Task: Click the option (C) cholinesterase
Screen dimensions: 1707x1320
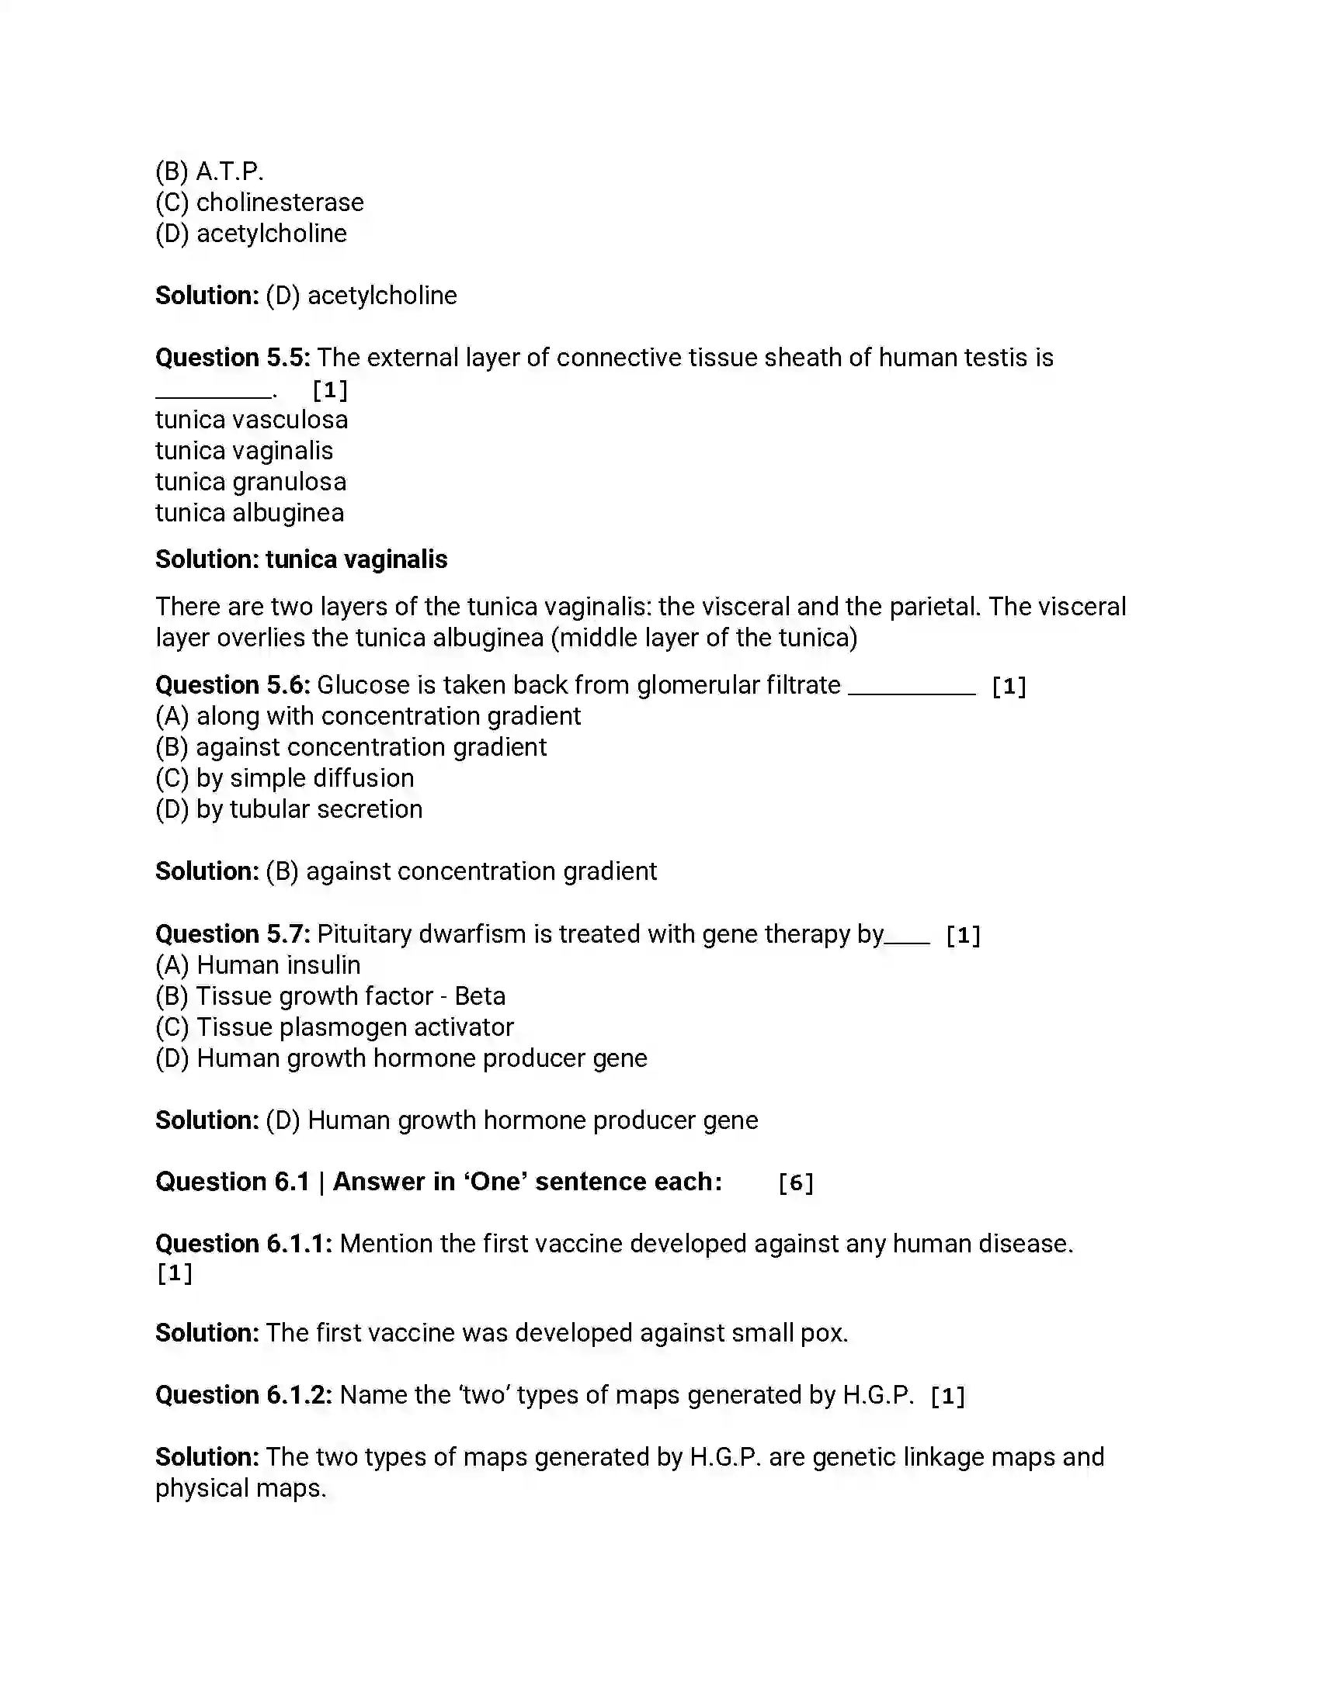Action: coord(259,203)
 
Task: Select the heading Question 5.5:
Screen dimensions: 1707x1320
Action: coord(232,358)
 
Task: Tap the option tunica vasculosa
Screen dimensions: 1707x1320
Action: coord(251,420)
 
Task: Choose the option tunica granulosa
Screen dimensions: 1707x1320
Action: coord(250,483)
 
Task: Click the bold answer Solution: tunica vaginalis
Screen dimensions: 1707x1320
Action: coord(301,559)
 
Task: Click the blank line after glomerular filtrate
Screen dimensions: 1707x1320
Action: coord(912,687)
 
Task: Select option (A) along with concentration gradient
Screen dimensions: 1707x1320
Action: coord(367,716)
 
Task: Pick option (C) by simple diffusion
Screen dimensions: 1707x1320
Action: coord(285,778)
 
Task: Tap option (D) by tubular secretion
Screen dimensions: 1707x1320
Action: coord(289,809)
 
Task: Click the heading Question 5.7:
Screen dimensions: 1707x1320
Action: coord(232,934)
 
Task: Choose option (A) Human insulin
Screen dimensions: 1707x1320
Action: coord(258,965)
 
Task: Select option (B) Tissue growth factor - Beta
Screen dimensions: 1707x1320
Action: coord(330,996)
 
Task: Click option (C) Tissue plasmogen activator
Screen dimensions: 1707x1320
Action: coord(335,1027)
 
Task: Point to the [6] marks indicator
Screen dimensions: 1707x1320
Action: coord(796,1182)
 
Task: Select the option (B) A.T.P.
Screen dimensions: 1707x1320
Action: coord(209,171)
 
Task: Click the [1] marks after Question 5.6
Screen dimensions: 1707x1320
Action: coord(1009,686)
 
